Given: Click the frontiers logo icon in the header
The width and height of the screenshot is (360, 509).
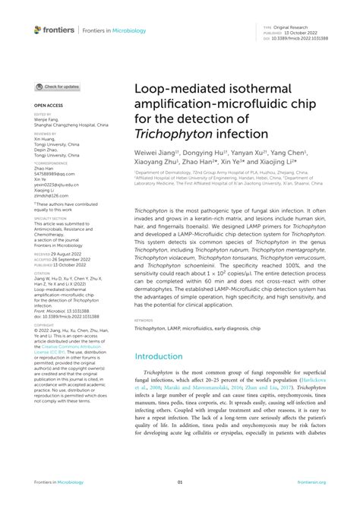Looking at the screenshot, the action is (x=39, y=30).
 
